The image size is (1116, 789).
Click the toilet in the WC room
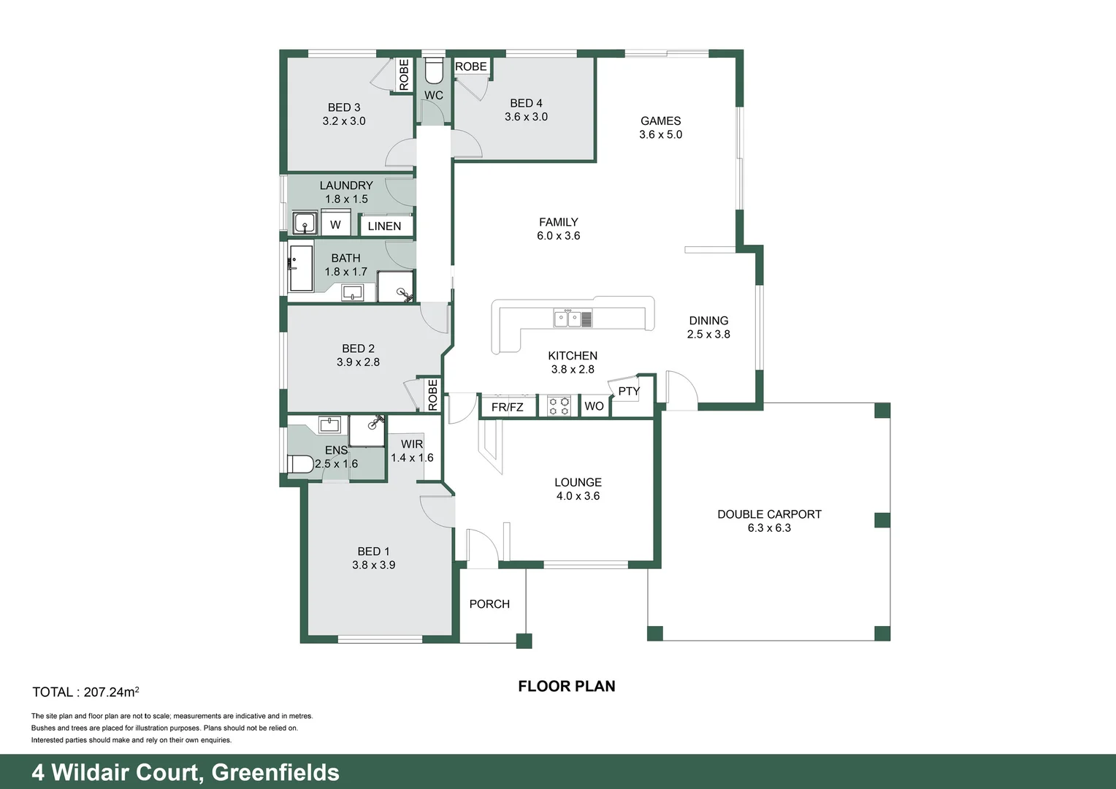pyautogui.click(x=434, y=71)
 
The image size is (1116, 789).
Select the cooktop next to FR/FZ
pyautogui.click(x=559, y=406)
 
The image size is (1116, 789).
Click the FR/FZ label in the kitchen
pyautogui.click(x=507, y=407)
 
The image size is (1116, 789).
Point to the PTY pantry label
pyautogui.click(x=628, y=391)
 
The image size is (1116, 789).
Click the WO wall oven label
pyautogui.click(x=594, y=406)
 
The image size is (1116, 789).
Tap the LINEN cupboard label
pyautogui.click(x=384, y=226)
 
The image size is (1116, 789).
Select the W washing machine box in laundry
pyautogui.click(x=335, y=224)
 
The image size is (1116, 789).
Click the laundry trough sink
pyautogui.click(x=305, y=223)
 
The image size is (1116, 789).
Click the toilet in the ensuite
pyautogui.click(x=299, y=463)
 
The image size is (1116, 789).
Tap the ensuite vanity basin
pyautogui.click(x=329, y=424)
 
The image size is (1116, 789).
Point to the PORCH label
pyautogui.click(x=489, y=604)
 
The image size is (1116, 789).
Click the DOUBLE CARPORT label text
pyautogui.click(x=769, y=514)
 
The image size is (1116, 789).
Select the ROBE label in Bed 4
pyautogui.click(x=471, y=66)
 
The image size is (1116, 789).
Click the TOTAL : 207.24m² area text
pyautogui.click(x=85, y=692)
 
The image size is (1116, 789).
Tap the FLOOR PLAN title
pyautogui.click(x=567, y=686)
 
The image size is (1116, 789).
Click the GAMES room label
pyautogui.click(x=660, y=121)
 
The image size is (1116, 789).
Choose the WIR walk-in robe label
pyautogui.click(x=412, y=444)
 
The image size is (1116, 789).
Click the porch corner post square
pyautogui.click(x=524, y=641)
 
